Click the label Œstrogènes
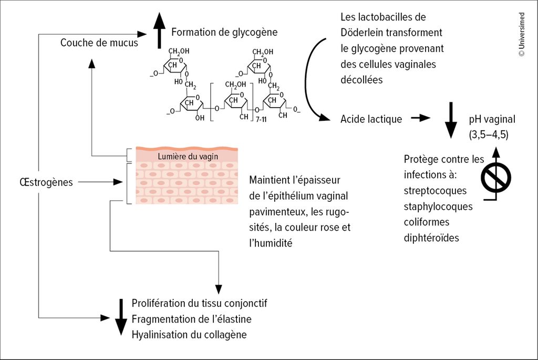pos(45,182)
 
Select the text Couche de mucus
pos(99,43)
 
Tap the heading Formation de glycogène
pos(224,33)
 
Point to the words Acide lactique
pos(371,119)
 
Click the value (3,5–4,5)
pos(489,135)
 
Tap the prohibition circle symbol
pos(496,177)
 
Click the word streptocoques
pos(435,190)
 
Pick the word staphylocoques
pos(438,206)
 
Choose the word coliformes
pos(427,222)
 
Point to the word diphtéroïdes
pos(431,238)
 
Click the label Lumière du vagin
pos(188,156)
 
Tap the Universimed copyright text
pos(521,34)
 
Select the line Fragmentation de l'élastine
pos(191,319)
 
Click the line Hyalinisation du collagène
pos(189,335)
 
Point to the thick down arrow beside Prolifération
pos(121,317)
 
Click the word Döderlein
pos(364,33)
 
